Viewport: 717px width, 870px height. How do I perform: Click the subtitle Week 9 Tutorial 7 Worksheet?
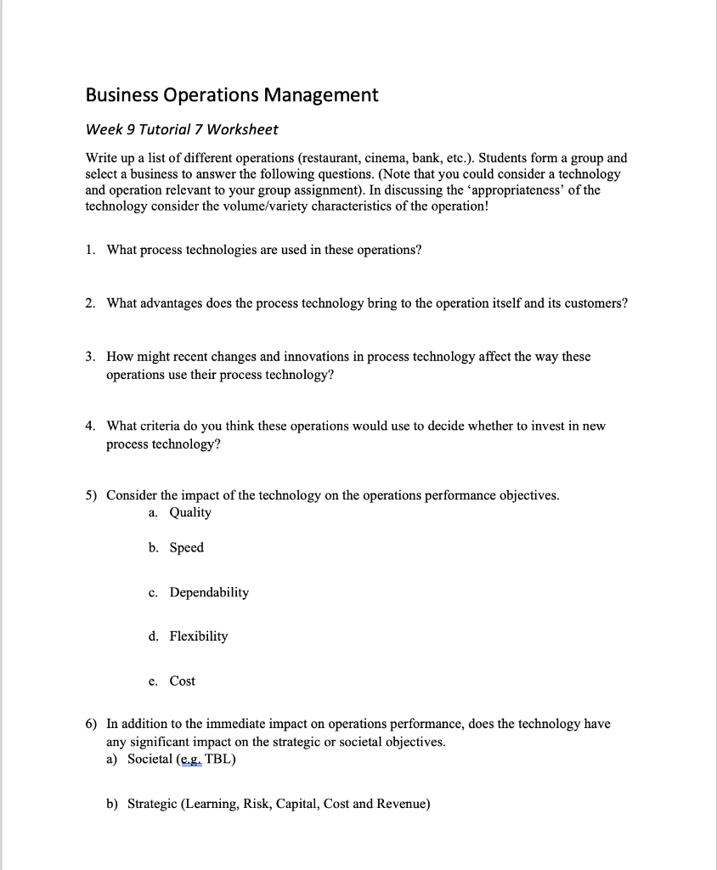click(x=182, y=130)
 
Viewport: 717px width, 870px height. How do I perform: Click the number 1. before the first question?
click(x=90, y=250)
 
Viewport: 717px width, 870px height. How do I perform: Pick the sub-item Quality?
click(x=190, y=512)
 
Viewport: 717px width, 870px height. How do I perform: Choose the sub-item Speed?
click(x=187, y=548)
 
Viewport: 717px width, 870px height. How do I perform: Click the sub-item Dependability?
click(x=209, y=592)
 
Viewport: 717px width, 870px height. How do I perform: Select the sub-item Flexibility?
click(x=199, y=636)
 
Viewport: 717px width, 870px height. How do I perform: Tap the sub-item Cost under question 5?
click(x=183, y=681)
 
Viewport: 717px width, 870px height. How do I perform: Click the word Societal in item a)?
click(x=150, y=759)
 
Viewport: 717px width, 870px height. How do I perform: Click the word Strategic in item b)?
click(x=153, y=804)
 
